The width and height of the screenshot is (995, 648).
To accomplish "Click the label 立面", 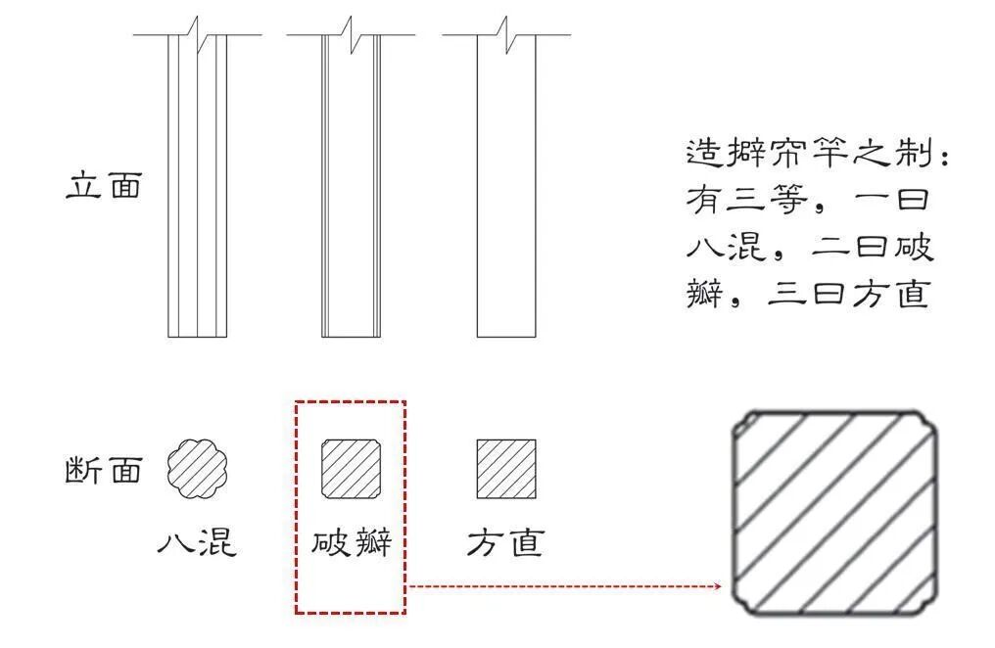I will [x=104, y=186].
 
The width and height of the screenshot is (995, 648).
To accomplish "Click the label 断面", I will [x=104, y=470].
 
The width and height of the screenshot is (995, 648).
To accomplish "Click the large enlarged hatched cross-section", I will [x=835, y=512].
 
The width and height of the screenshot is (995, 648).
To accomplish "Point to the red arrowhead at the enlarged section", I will [x=718, y=587].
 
